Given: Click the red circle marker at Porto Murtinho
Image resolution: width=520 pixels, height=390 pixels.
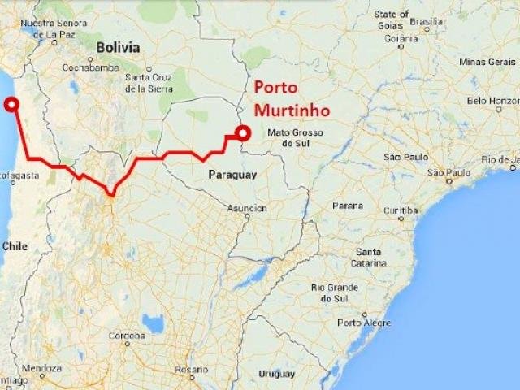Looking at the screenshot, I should (241, 136).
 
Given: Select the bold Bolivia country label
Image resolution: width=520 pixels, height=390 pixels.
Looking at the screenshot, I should (118, 48).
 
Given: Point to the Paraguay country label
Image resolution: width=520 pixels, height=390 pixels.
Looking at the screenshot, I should (232, 175).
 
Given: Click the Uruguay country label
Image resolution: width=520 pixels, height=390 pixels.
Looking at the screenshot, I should (277, 373).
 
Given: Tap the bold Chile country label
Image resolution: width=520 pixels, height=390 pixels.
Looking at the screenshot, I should (15, 245).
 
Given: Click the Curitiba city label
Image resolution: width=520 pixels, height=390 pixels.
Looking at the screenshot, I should (400, 209).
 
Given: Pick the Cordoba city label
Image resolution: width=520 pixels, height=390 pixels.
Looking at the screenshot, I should (128, 335).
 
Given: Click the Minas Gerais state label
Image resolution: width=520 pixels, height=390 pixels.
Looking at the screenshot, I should (485, 61).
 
